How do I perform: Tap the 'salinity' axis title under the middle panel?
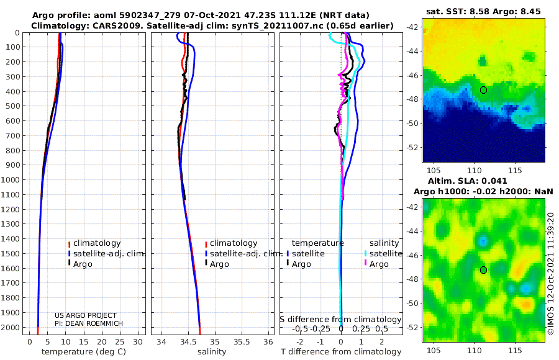[211, 352]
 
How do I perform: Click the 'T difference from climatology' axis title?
[340, 352]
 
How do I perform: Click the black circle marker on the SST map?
[483, 90]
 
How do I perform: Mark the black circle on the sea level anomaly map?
[483, 270]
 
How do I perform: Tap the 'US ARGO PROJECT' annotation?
[86, 315]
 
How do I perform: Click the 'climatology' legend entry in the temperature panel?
[98, 243]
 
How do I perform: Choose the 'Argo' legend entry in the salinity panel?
[220, 264]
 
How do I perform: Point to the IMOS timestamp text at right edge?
[550, 273]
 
